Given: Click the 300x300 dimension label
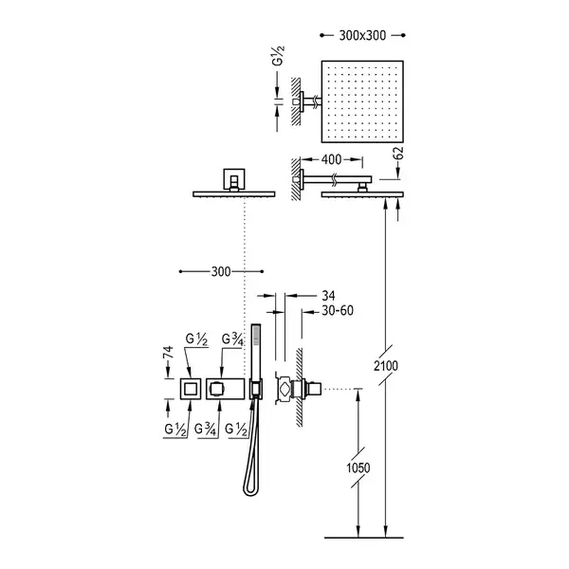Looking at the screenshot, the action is point(362,36).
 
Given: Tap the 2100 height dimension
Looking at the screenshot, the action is point(386,366).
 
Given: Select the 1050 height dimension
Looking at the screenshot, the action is point(358,468).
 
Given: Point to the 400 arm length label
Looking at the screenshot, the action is point(331,159).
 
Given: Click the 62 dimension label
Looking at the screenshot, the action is point(398,154).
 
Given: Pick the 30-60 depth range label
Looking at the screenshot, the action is point(338,311).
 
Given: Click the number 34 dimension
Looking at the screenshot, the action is point(328,296).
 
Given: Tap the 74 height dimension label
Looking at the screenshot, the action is point(169,353).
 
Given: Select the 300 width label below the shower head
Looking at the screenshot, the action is point(221,271).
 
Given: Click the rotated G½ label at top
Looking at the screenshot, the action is point(278,56).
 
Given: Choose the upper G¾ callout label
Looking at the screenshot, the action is point(232,340).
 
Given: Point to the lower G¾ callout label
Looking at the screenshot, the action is point(206,430).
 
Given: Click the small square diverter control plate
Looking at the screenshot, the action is point(191,389).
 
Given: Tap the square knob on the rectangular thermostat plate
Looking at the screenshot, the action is point(216,390).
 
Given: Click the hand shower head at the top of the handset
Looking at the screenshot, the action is point(257,334).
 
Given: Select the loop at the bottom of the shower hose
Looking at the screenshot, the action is point(250,490).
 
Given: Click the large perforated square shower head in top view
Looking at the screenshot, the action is point(362,101).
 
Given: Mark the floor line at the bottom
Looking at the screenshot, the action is point(364,538).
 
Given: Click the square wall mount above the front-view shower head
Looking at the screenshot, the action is point(234,179).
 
